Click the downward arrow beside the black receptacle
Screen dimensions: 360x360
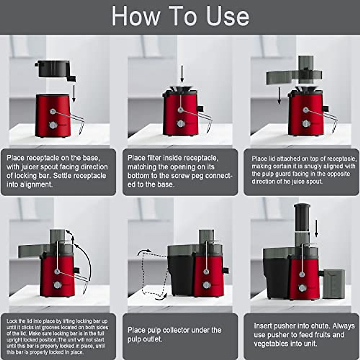pos(74,93)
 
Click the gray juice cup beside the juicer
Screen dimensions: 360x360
pos(334,284)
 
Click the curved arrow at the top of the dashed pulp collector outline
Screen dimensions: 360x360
pos(144,252)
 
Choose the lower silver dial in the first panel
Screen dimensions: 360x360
pos(53,125)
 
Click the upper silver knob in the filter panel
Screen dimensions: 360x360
pos(180,110)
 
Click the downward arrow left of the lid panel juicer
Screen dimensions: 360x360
pos(279,95)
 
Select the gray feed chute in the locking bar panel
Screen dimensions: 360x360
pos(57,237)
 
